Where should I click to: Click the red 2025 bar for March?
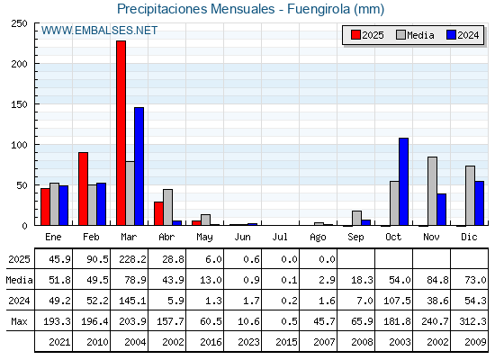pyautogui.click(x=121, y=133)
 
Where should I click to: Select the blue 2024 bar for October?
pyautogui.click(x=404, y=182)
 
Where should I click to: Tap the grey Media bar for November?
pyautogui.click(x=432, y=191)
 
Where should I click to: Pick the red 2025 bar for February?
pyautogui.click(x=83, y=189)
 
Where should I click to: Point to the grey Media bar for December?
pyautogui.click(x=470, y=196)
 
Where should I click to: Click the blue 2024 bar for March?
pyautogui.click(x=139, y=166)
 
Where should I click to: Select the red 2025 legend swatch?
pyautogui.click(x=355, y=35)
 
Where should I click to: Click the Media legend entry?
pyautogui.click(x=415, y=35)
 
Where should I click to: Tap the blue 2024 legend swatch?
pyautogui.click(x=451, y=35)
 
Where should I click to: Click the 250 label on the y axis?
pyautogui.click(x=19, y=23)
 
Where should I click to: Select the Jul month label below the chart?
pyautogui.click(x=280, y=237)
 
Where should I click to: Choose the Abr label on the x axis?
pyautogui.click(x=166, y=238)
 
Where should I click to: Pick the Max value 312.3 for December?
pyautogui.click(x=472, y=321)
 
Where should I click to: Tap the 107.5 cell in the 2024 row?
pyautogui.click(x=397, y=301)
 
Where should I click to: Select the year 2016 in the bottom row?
pyautogui.click(x=211, y=342)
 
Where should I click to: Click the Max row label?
pyautogui.click(x=19, y=321)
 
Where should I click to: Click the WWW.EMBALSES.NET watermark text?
pyautogui.click(x=99, y=31)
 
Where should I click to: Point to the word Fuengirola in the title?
pyautogui.click(x=319, y=9)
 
